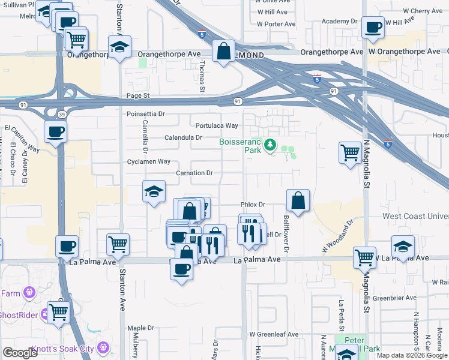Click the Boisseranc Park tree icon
270,145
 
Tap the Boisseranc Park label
240,146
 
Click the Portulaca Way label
217,125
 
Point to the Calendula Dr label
183,137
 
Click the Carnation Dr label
194,173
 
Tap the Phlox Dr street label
253,205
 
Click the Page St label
137,95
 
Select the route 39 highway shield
62,113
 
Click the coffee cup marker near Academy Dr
373,28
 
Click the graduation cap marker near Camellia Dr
154,191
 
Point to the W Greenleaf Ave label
274,334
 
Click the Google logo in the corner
20,353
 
